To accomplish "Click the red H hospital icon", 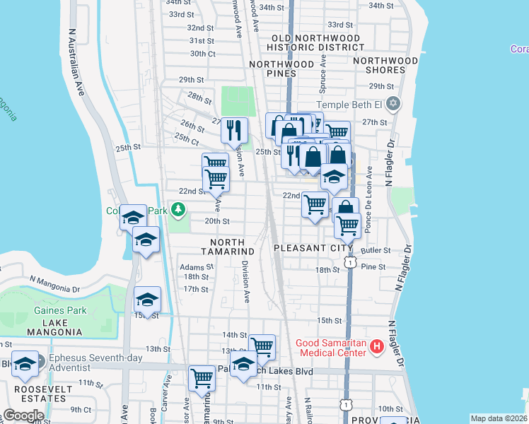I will pyautogui.click(x=377, y=347).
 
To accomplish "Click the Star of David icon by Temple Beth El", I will pyautogui.click(x=393, y=105).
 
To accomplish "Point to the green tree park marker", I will pyautogui.click(x=179, y=210).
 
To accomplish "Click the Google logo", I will pyautogui.click(x=23, y=416).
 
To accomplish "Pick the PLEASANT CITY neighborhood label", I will pyautogui.click(x=313, y=248).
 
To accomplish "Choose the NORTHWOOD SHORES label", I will pyautogui.click(x=389, y=65).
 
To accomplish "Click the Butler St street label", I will pyautogui.click(x=376, y=250).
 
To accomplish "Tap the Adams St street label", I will pyautogui.click(x=196, y=267).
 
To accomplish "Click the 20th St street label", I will pyautogui.click(x=217, y=221).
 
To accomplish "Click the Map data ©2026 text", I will pyautogui.click(x=498, y=418).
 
